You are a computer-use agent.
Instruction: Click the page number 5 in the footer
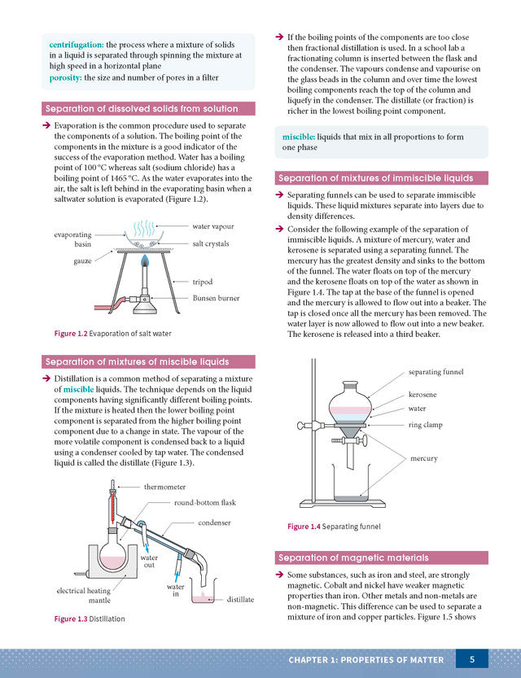(473, 658)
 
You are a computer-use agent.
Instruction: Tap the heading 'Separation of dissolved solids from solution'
(142, 108)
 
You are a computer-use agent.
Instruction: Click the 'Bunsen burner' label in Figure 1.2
(216, 298)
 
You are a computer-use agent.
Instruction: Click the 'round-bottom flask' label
(205, 503)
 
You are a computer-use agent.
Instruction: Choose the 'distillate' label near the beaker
(240, 599)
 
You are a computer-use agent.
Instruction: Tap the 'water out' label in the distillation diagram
(149, 561)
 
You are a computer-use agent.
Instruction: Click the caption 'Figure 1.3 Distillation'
(90, 619)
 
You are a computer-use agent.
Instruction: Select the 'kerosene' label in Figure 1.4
(422, 394)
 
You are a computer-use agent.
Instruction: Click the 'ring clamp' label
(425, 425)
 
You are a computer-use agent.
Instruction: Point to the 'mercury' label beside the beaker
(423, 458)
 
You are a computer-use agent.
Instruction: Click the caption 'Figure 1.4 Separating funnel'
(334, 527)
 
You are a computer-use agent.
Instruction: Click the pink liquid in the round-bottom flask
(112, 561)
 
